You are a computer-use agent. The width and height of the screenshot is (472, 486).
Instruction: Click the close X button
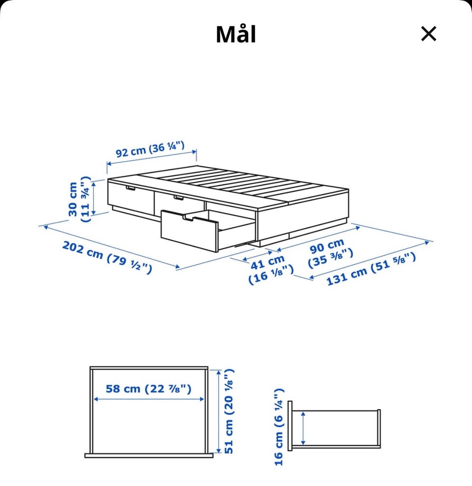click(429, 33)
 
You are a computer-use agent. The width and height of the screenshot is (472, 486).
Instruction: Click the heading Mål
click(236, 34)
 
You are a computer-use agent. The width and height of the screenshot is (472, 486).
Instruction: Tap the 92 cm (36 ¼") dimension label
click(150, 149)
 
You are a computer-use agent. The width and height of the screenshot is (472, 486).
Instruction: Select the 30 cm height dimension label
click(79, 199)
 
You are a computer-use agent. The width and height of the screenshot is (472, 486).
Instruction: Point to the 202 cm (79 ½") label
click(107, 257)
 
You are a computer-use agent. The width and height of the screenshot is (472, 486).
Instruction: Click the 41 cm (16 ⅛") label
click(270, 269)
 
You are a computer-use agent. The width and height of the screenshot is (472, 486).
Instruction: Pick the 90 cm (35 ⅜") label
click(330, 253)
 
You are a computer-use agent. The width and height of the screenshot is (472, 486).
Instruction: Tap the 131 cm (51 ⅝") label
click(371, 268)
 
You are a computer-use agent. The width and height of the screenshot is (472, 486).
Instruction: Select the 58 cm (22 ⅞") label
click(148, 389)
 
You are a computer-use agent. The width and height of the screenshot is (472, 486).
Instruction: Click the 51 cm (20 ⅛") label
click(229, 411)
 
